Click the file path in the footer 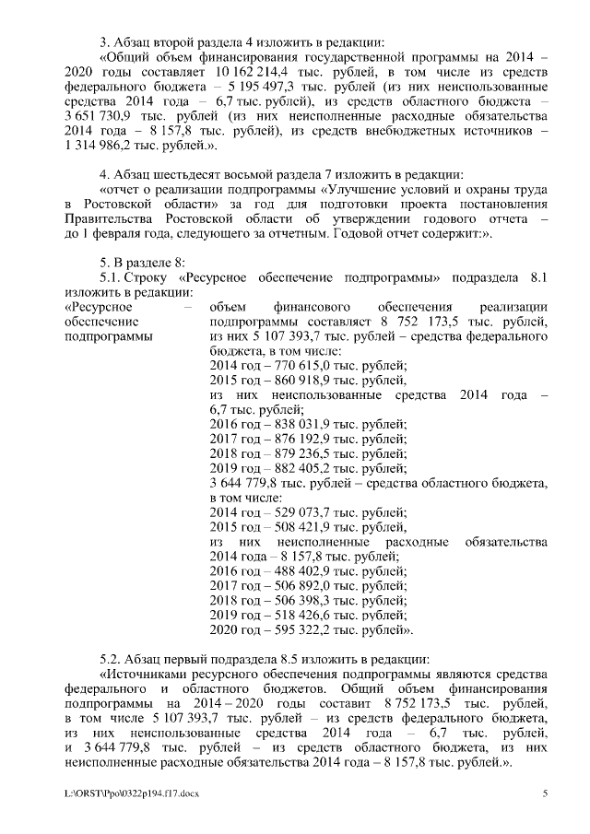(x=124, y=793)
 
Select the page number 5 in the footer (x=545, y=793)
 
